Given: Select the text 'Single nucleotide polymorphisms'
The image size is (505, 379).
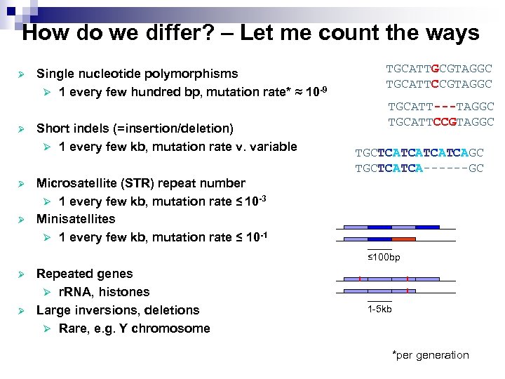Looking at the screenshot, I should pyautogui.click(x=137, y=74).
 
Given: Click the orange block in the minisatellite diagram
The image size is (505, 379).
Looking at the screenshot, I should pyautogui.click(x=403, y=239).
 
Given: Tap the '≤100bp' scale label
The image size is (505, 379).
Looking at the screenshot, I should pyautogui.click(x=384, y=258).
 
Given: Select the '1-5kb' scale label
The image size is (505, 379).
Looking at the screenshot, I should pyautogui.click(x=379, y=309).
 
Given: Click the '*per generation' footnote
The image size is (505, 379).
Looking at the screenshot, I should pyautogui.click(x=430, y=355).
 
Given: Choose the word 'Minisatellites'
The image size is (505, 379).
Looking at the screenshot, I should pyautogui.click(x=76, y=219).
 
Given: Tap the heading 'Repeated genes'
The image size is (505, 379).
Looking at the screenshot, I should pyautogui.click(x=84, y=274).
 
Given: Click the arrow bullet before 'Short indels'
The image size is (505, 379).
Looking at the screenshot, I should pyautogui.click(x=22, y=128).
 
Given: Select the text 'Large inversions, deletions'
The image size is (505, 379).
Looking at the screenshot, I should pyautogui.click(x=118, y=310).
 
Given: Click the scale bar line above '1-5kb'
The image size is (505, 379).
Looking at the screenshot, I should pyautogui.click(x=379, y=300).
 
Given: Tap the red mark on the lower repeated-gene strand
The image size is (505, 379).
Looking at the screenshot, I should pyautogui.click(x=407, y=291).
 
